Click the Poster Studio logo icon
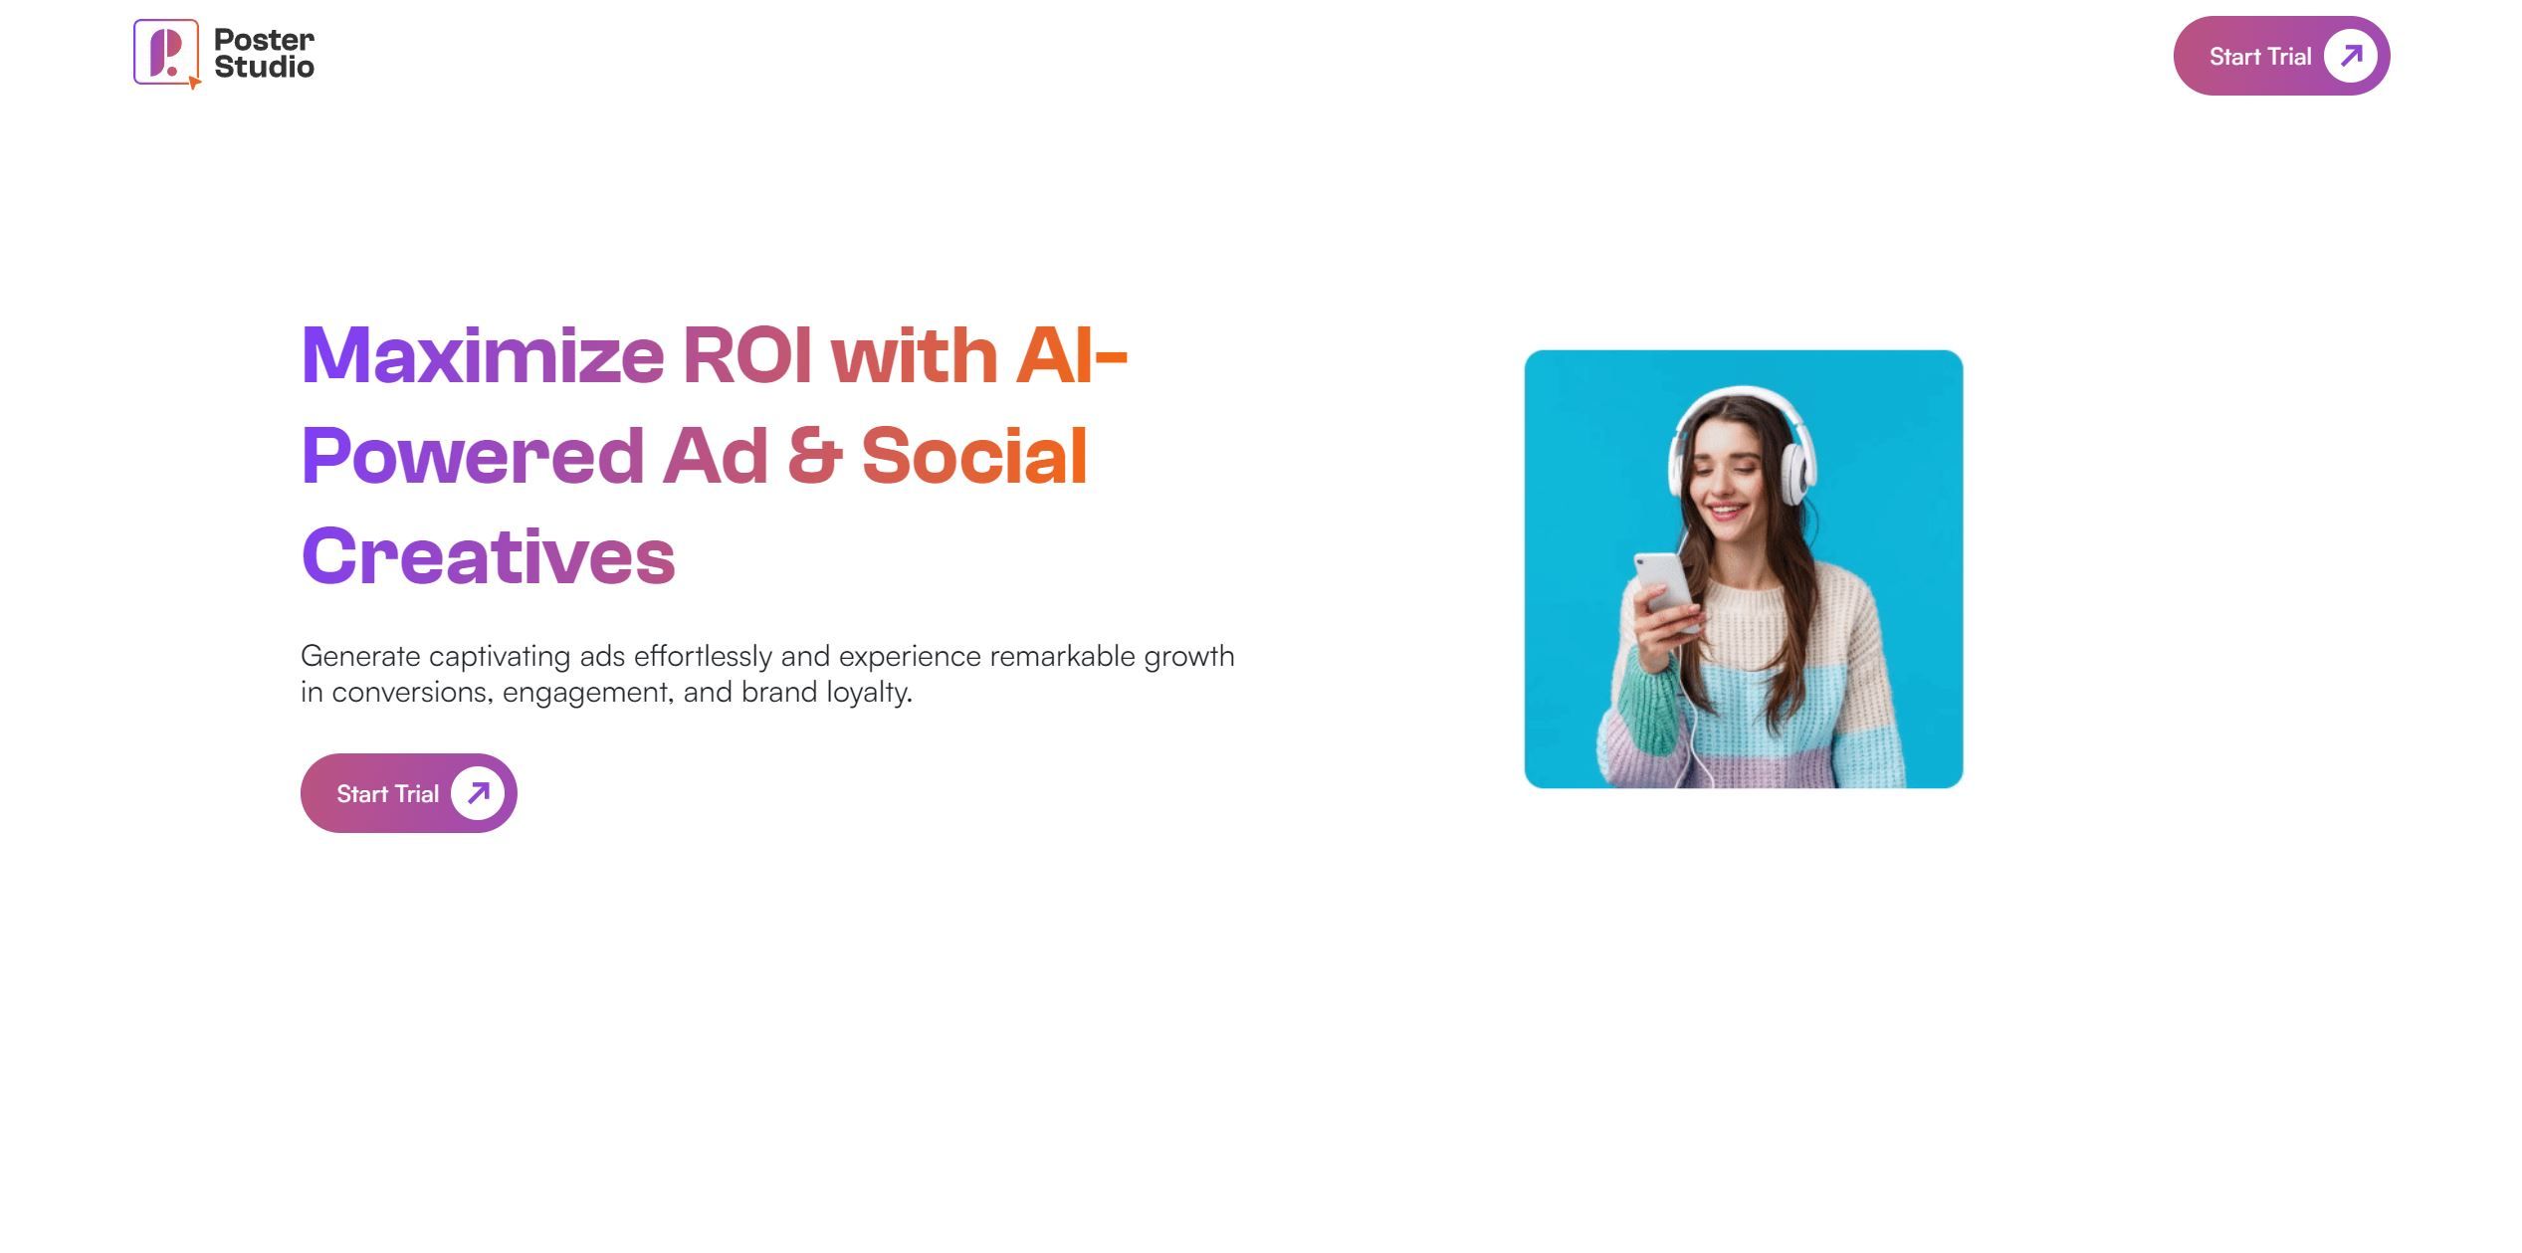166,53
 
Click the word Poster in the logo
264,40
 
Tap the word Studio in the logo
264,67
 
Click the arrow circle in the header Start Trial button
2350,56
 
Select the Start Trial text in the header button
2259,57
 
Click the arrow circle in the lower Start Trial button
478,793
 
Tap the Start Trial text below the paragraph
387,794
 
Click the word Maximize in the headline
482,355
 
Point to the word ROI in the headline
745,355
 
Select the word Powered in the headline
472,456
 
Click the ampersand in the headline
814,456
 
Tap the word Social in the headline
973,456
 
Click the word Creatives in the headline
488,556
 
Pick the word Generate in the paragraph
360,657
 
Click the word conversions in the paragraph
412,693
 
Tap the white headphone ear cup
1796,473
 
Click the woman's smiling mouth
1727,513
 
